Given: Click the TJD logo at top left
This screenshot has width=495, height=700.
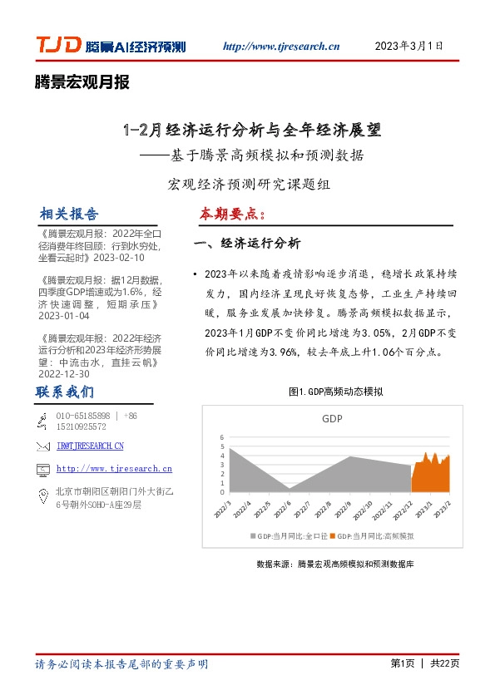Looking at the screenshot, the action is coord(58,47).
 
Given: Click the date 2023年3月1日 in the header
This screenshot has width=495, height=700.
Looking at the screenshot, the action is coord(409,46).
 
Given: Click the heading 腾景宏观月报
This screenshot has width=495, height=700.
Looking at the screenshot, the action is coord(82,82).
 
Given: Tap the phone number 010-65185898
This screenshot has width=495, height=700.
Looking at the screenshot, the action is coord(83,416).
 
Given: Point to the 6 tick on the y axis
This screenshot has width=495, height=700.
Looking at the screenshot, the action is coord(222,437).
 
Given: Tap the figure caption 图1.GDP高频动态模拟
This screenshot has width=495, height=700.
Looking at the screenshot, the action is coord(335,391).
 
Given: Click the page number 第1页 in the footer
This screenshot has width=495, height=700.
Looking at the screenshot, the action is coord(403,663).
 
